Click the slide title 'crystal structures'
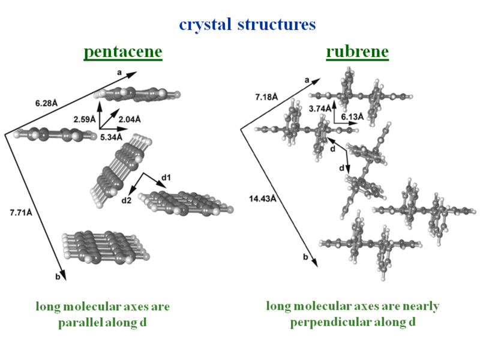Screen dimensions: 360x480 click(247, 25)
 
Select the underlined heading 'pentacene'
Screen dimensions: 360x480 click(123, 52)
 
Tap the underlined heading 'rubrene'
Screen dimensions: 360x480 click(357, 52)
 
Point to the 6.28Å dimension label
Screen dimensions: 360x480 click(46, 103)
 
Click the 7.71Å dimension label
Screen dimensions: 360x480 click(23, 212)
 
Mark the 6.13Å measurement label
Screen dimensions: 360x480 click(353, 116)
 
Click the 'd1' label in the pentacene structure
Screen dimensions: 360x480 click(166, 178)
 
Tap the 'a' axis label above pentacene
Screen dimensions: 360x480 click(119, 72)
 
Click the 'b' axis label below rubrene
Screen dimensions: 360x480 click(305, 257)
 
